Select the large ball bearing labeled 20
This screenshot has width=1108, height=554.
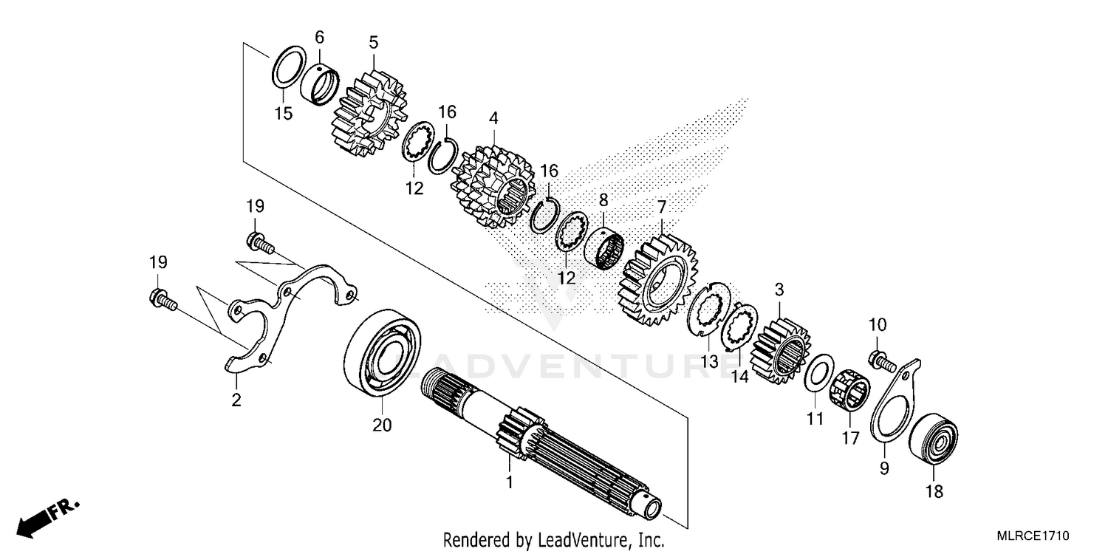(x=383, y=349)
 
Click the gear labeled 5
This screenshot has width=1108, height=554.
(x=370, y=114)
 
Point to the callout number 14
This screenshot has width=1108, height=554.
(x=739, y=375)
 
